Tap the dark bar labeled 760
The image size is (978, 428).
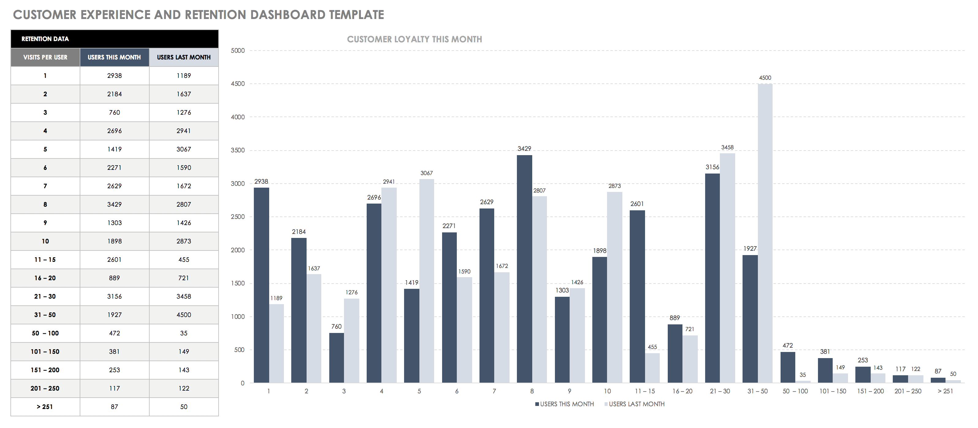tap(336, 357)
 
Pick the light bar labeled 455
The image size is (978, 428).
tap(652, 368)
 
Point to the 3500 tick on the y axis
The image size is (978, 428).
tap(238, 151)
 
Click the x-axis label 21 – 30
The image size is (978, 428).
tap(720, 391)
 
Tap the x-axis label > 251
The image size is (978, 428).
tap(946, 391)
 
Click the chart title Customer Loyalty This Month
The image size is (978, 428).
tap(414, 39)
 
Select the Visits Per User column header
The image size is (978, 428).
tap(45, 57)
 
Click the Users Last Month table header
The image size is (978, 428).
tap(184, 57)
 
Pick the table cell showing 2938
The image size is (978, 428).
tap(114, 75)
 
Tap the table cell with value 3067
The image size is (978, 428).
tap(184, 149)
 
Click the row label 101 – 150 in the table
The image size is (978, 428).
tap(45, 352)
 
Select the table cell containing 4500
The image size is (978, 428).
tap(184, 315)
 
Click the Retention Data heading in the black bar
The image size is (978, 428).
tap(45, 39)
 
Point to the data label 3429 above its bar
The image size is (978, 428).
tap(524, 148)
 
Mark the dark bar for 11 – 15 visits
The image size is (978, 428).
tap(637, 296)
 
